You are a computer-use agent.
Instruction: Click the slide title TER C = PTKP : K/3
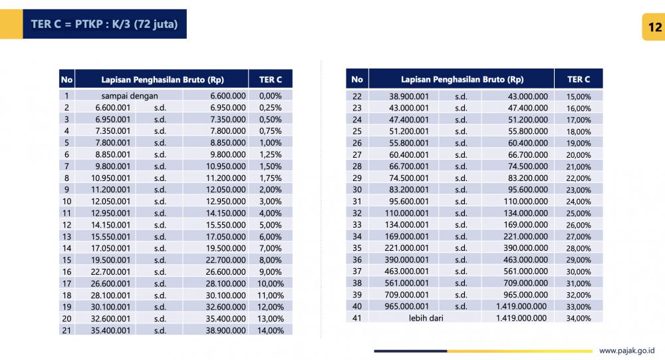[104, 25]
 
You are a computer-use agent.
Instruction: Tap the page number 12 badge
[654, 27]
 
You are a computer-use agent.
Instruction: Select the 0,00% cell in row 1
[271, 96]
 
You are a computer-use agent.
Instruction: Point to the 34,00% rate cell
[579, 318]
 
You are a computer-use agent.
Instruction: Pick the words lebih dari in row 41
[426, 318]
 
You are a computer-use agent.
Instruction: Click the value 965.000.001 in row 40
[409, 306]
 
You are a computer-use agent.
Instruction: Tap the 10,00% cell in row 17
[271, 283]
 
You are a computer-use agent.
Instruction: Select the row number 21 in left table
[66, 330]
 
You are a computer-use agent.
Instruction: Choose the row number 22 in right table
[357, 96]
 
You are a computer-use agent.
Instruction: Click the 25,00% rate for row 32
[579, 213]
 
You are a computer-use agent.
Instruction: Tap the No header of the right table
[357, 79]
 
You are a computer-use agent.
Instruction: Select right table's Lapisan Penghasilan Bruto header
[462, 79]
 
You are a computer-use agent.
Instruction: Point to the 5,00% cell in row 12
[271, 225]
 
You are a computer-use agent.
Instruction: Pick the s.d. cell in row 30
[461, 190]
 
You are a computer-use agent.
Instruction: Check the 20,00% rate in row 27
[579, 154]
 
